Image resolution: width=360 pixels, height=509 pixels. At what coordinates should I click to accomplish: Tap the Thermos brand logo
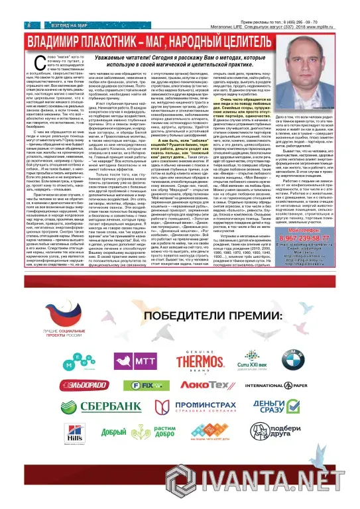point(200,361)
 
